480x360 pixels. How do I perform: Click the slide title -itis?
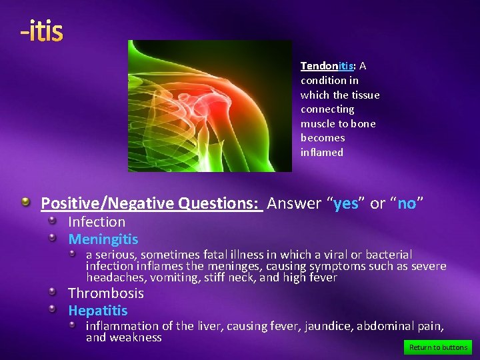point(41,31)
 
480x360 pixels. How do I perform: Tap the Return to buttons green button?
point(438,347)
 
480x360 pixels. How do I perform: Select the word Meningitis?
point(103,239)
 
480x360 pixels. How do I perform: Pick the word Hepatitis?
point(98,311)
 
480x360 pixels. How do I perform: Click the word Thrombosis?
point(106,293)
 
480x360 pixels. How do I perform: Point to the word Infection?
point(97,222)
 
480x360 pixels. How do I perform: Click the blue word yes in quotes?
point(345,204)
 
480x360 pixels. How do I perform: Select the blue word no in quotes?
point(407,204)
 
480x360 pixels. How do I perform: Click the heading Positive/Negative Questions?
point(151,204)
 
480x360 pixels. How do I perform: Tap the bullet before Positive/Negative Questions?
point(25,201)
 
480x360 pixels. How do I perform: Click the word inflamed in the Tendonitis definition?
point(322,153)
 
